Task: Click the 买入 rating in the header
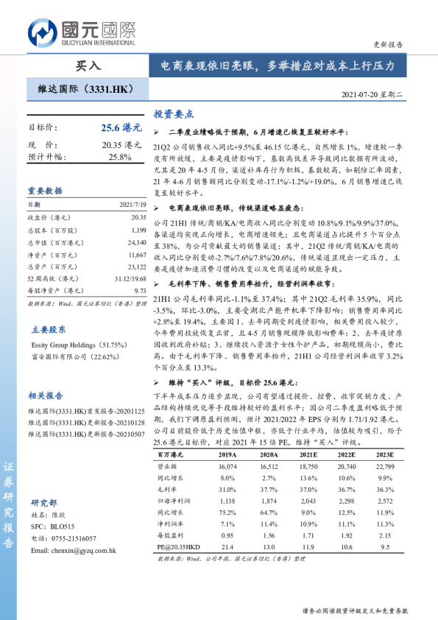pyautogui.click(x=88, y=66)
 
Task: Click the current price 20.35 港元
pyautogui.click(x=121, y=144)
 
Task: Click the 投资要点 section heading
pyautogui.click(x=174, y=114)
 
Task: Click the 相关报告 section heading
pyautogui.click(x=45, y=395)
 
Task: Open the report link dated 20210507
pyautogui.click(x=88, y=434)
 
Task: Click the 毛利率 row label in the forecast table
pyautogui.click(x=169, y=490)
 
